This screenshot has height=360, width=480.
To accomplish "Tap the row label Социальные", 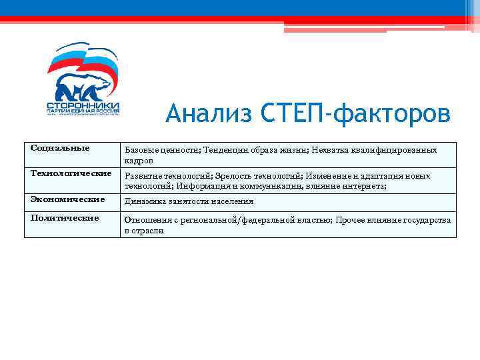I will (60, 147).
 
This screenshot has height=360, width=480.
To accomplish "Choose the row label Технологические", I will (71, 173).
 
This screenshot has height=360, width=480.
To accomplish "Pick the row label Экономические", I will (67, 199).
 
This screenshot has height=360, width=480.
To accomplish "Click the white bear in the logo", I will (80, 86).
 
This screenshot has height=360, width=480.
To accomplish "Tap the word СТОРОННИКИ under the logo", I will (83, 106).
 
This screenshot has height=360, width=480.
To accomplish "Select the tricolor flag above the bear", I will (83, 60).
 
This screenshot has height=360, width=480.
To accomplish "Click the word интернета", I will (363, 187).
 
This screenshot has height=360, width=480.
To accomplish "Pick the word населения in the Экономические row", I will (233, 201).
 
